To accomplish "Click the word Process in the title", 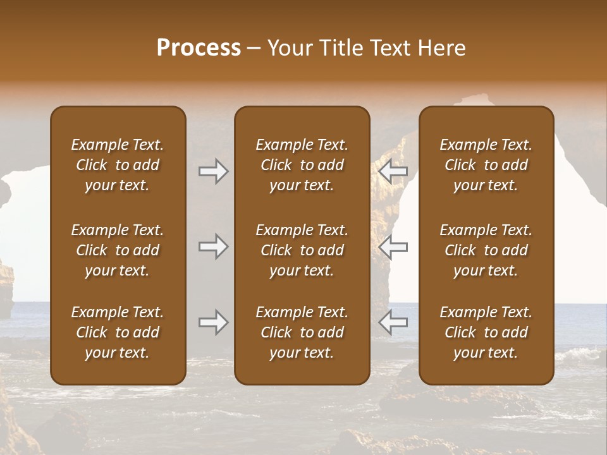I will [x=199, y=48].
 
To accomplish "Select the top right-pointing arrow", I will [x=213, y=171].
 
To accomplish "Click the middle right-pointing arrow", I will [x=213, y=246].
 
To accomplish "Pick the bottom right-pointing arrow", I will [x=213, y=322].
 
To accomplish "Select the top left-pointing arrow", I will [x=393, y=171].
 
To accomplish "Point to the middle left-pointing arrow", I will [x=393, y=246].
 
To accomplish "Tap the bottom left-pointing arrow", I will [x=393, y=322].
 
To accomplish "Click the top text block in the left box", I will [x=118, y=165].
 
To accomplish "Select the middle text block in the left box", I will [x=118, y=250].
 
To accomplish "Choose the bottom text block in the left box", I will [x=118, y=332].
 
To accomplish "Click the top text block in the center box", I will [x=302, y=165].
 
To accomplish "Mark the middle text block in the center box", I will [x=302, y=250].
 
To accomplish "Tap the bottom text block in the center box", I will [x=302, y=332].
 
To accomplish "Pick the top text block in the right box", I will [x=486, y=165].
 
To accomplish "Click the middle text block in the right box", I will [x=486, y=250].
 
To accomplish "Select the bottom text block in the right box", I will [x=486, y=332].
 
